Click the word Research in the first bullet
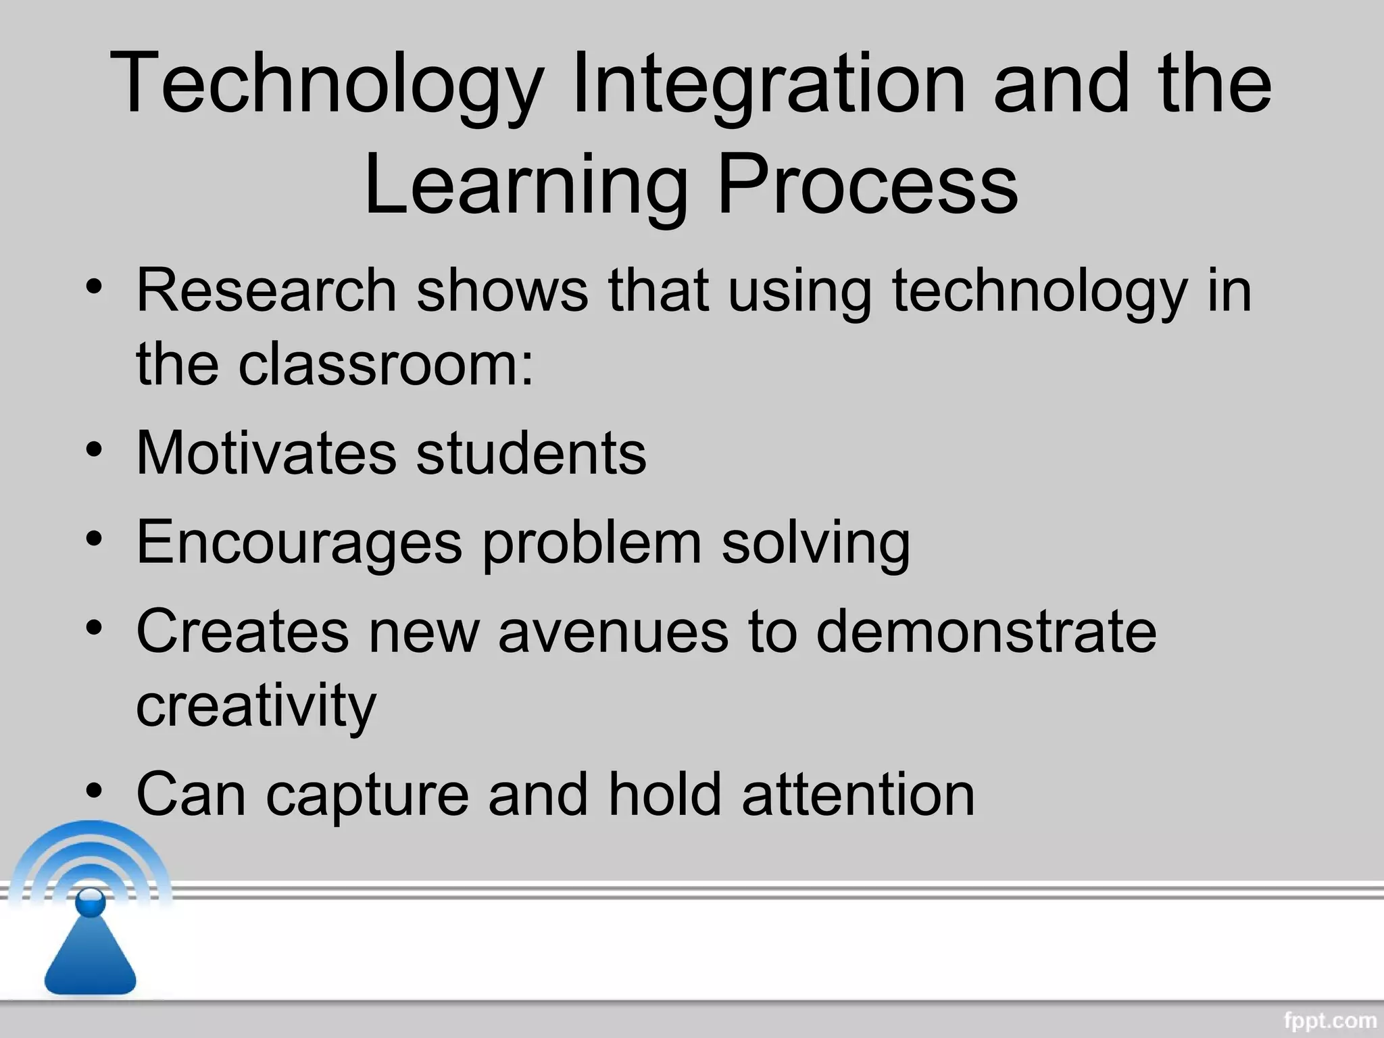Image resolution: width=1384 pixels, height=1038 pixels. tap(266, 291)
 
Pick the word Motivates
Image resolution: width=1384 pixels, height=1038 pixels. tap(266, 453)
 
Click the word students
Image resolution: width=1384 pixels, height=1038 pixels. tap(530, 453)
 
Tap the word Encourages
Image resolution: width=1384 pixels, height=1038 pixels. tap(299, 542)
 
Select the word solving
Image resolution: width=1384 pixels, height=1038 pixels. tap(816, 543)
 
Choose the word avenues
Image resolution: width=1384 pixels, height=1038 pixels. tap(614, 631)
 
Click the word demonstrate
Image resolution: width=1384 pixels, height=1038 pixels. tap(986, 631)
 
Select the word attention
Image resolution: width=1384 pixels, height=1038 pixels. tap(858, 795)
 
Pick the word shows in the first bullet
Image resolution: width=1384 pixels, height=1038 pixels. tap(502, 291)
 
